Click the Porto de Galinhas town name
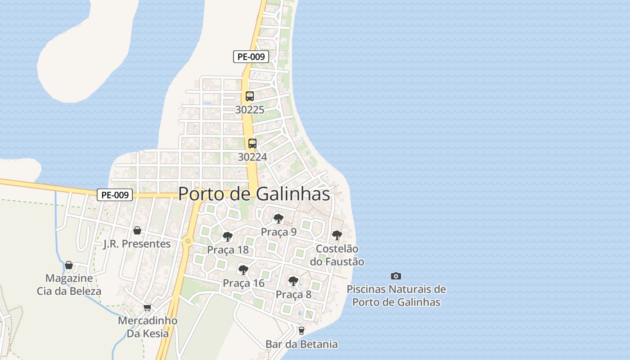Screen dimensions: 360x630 click(x=254, y=194)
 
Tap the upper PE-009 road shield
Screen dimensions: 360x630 click(x=251, y=57)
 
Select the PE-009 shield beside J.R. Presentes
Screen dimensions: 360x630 click(x=115, y=195)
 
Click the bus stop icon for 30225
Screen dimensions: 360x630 click(x=250, y=96)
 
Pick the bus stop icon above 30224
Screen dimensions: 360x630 click(x=252, y=144)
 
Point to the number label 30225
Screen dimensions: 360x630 click(x=250, y=109)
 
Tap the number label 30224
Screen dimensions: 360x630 click(x=252, y=157)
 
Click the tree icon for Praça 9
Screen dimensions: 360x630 click(x=279, y=219)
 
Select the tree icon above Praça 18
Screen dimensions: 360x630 click(x=228, y=237)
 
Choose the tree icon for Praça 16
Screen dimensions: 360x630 click(x=243, y=270)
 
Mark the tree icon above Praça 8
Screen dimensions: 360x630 click(x=293, y=281)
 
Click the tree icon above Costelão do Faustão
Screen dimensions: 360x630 click(x=337, y=235)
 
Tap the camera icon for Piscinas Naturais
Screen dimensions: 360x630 click(x=396, y=276)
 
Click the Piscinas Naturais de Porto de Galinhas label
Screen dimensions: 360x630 click(x=396, y=295)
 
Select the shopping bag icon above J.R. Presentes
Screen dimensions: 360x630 click(x=137, y=230)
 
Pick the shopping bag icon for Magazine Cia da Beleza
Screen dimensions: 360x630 click(x=69, y=265)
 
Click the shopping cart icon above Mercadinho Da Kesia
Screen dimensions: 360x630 click(x=147, y=308)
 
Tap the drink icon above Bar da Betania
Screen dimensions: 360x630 click(x=301, y=331)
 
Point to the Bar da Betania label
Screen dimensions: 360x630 click(x=301, y=344)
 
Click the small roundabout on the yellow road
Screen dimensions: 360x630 click(x=188, y=242)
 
